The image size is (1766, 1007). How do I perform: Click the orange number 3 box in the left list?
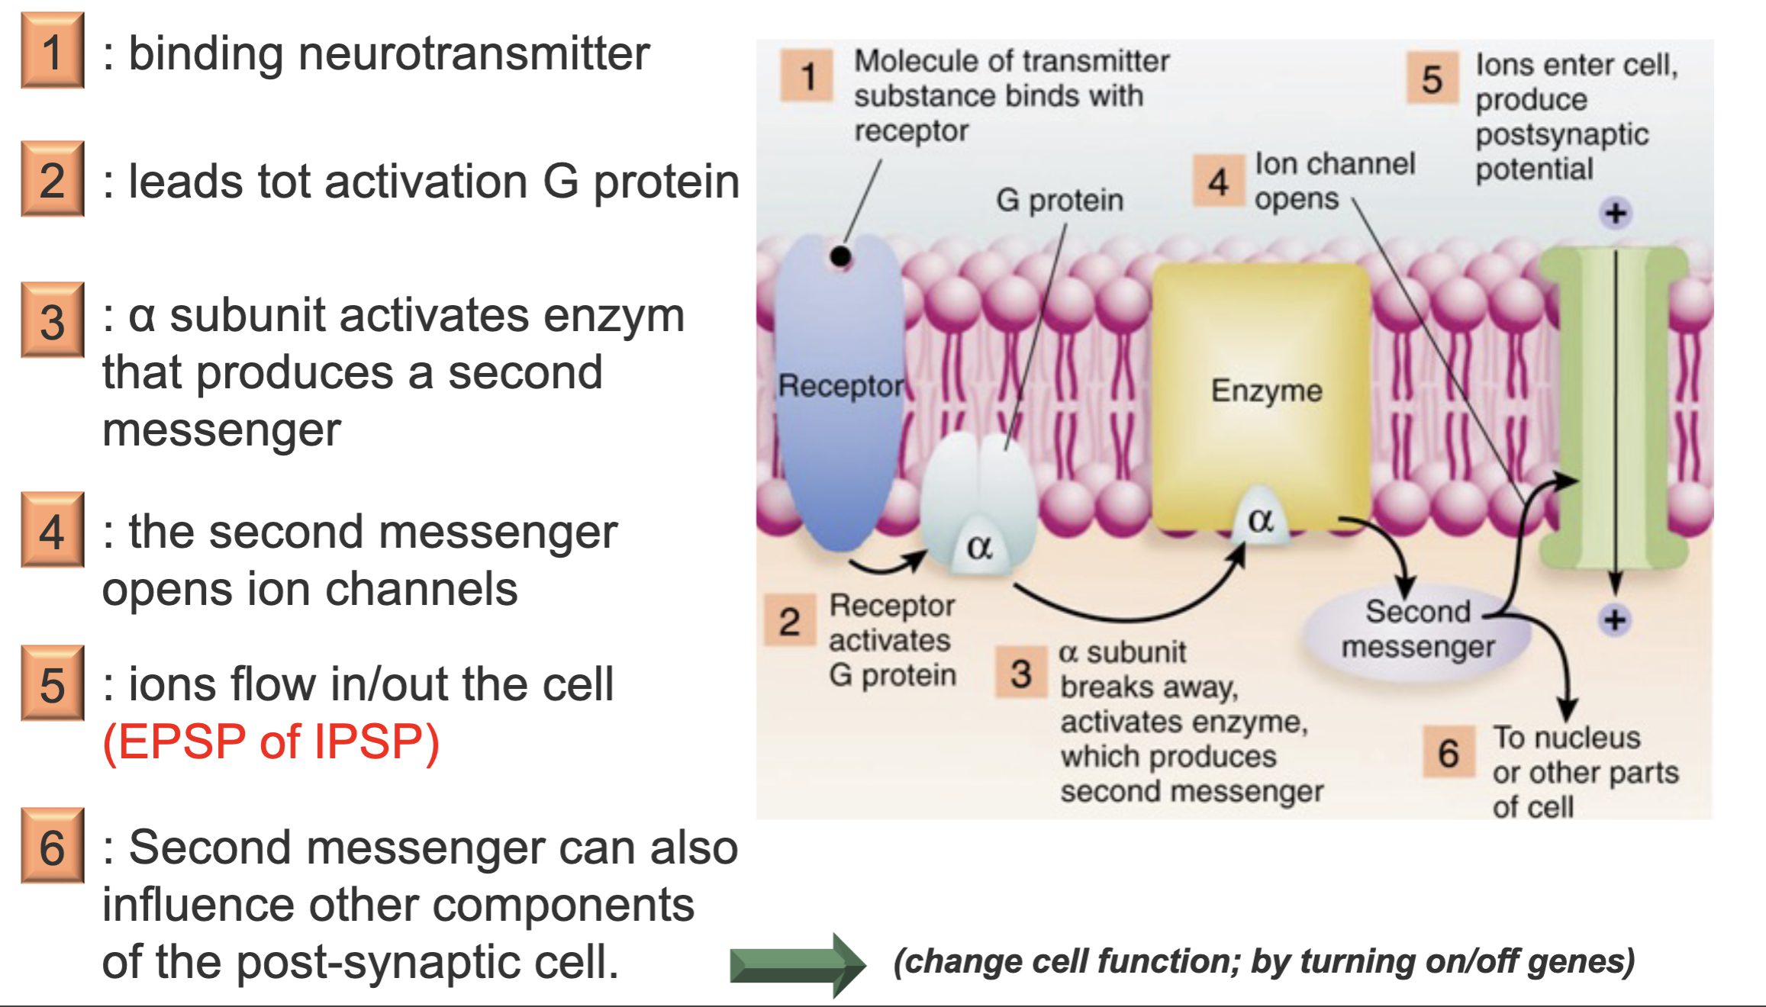coord(52,320)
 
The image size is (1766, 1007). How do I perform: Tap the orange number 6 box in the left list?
coord(52,846)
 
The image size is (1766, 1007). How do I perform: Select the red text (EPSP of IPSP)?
coord(271,742)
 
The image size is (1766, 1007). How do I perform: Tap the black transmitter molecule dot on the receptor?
coord(840,257)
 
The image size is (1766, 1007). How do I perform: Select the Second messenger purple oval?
coord(1416,630)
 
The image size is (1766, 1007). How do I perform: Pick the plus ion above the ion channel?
coord(1615,213)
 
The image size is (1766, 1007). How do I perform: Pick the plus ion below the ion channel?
coord(1614,619)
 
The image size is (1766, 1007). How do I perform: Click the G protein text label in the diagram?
coord(1059,200)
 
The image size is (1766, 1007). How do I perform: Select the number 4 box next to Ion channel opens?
coord(1218,182)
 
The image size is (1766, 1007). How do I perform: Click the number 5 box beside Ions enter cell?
coord(1432,79)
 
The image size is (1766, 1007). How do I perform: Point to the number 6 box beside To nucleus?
coord(1448,753)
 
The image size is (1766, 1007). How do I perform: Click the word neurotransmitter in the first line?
coord(473,54)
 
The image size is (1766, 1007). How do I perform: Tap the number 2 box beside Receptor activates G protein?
coord(790,622)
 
